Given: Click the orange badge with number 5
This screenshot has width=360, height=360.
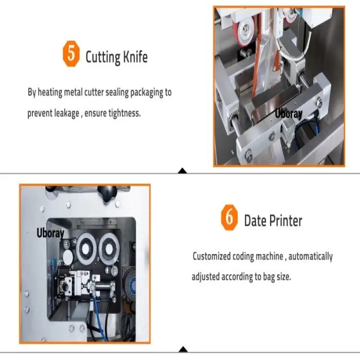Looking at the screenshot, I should tap(71, 55).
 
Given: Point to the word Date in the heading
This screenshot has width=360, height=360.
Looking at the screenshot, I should tap(255, 221).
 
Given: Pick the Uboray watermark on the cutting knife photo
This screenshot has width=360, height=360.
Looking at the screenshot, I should tap(289, 114).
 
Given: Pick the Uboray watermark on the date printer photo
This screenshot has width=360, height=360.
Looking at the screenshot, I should tap(50, 233).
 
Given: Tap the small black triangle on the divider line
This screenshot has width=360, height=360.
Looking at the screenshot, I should tap(182, 170).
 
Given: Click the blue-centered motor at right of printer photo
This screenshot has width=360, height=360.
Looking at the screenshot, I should tap(132, 284).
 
